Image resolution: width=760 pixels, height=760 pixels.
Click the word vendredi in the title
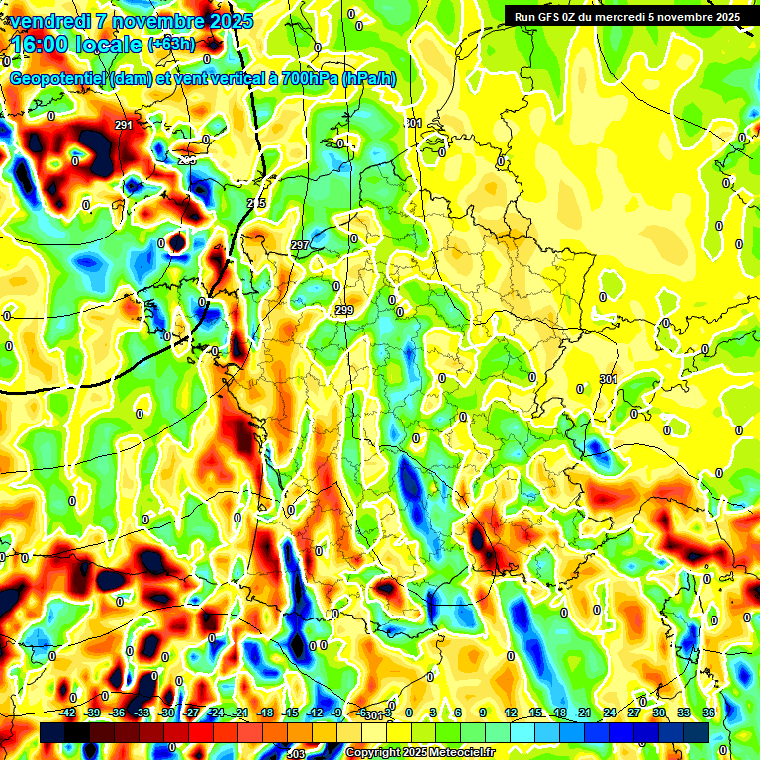coord(49,21)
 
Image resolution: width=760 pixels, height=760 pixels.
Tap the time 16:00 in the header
coord(39,45)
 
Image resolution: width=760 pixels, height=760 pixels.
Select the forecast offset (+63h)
coord(171,45)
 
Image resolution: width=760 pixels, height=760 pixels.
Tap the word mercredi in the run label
coord(629,16)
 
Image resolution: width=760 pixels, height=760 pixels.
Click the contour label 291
coord(123,126)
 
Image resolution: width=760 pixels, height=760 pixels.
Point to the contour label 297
coord(300,244)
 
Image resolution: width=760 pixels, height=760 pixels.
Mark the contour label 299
coord(343,311)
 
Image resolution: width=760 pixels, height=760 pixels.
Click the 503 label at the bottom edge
coord(295,754)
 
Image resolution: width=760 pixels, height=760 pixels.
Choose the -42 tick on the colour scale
coord(67,712)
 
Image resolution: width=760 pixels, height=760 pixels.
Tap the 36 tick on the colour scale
coord(709,712)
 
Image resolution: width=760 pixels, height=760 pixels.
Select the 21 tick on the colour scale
coord(585,712)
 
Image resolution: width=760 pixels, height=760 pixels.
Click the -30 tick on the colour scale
coord(166,712)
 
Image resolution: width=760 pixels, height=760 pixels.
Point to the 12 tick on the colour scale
coord(511,712)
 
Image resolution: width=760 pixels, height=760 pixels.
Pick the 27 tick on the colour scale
coord(634,712)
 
